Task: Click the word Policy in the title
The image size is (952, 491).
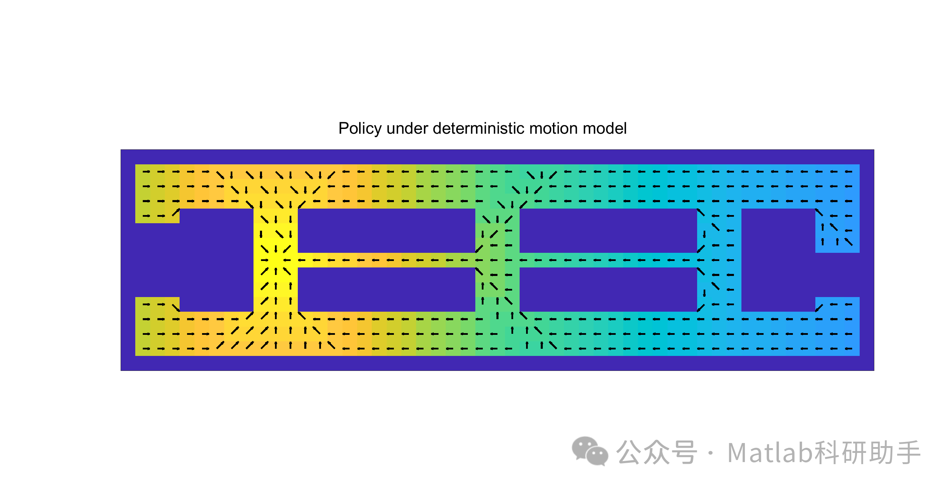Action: (x=359, y=129)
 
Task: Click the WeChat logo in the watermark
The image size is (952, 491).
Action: (x=589, y=451)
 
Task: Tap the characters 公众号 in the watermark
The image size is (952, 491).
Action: (x=656, y=452)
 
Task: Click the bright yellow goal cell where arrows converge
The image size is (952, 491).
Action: (x=276, y=260)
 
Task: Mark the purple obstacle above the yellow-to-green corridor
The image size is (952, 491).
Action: (x=386, y=230)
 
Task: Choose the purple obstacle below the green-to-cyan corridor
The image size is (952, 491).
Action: (x=608, y=290)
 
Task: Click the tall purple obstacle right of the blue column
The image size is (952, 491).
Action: (x=778, y=260)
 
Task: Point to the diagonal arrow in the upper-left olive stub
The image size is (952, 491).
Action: (x=176, y=213)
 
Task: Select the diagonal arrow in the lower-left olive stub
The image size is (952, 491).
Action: (x=176, y=308)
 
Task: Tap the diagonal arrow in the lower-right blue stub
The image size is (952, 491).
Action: (x=819, y=308)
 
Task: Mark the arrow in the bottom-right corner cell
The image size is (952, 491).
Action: (x=849, y=348)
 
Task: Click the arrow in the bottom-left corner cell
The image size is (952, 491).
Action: (x=146, y=348)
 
